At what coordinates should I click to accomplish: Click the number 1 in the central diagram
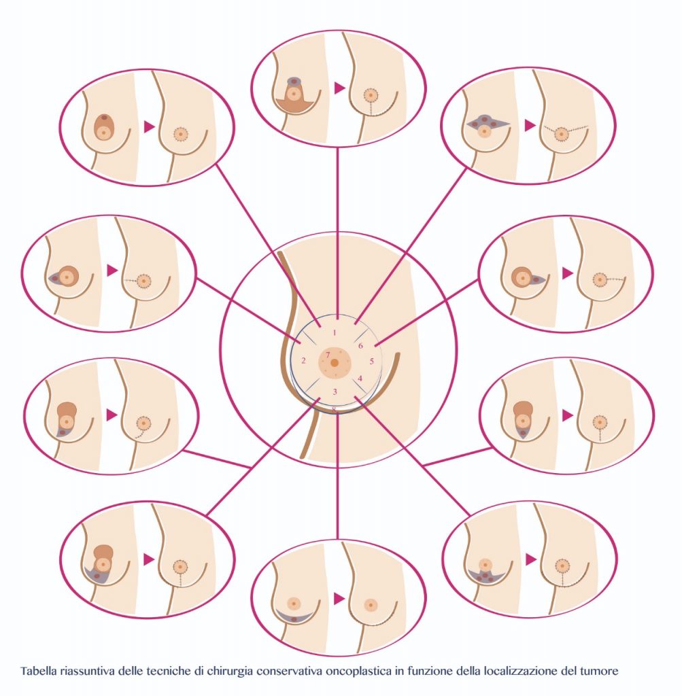335,332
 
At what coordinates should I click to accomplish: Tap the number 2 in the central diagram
304,360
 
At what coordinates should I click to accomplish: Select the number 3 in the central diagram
335,391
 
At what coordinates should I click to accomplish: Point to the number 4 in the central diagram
360,378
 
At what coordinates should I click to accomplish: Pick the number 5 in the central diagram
372,362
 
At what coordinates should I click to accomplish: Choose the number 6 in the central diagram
360,345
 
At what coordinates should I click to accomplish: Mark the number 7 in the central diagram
328,355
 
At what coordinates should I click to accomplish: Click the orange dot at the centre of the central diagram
335,363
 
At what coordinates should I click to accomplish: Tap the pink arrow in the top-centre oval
340,88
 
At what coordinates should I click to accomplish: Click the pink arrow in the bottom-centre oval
340,598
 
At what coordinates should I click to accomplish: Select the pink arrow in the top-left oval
149,127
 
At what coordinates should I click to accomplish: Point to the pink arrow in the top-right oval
530,126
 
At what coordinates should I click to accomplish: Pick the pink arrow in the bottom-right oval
530,560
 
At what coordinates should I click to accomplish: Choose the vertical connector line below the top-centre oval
338,233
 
